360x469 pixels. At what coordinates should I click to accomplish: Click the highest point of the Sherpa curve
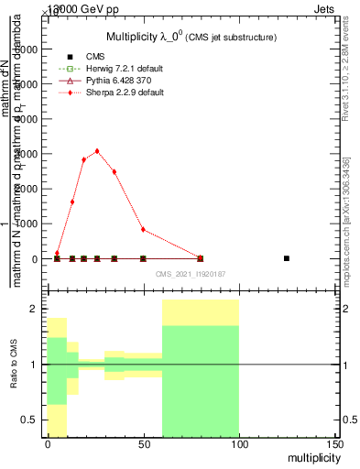(x=97, y=151)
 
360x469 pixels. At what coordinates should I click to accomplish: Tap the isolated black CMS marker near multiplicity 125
(x=287, y=258)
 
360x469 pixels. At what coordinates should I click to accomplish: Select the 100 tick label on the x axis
(x=239, y=444)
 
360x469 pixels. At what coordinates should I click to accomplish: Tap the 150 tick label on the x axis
(x=334, y=444)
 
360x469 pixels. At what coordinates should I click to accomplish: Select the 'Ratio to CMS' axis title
(x=14, y=365)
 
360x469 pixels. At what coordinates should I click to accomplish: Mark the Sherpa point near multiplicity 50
(x=143, y=229)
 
